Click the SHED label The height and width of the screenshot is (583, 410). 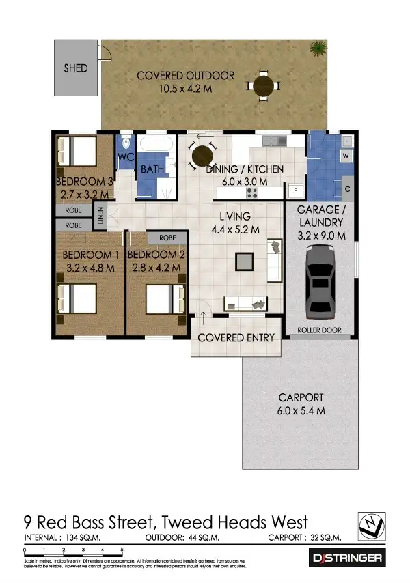[x=76, y=68]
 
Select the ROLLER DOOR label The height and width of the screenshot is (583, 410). [x=320, y=330]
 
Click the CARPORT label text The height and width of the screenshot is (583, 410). [x=301, y=398]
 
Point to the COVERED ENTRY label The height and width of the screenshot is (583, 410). [x=236, y=337]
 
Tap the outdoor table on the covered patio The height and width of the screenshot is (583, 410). [x=263, y=86]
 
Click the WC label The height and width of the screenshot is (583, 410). [x=126, y=157]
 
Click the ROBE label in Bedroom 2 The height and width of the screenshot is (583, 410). [x=167, y=238]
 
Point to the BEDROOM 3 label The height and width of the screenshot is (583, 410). [x=84, y=181]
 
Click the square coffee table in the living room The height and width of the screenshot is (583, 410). [x=244, y=261]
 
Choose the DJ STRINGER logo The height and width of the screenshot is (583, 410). [x=348, y=558]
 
